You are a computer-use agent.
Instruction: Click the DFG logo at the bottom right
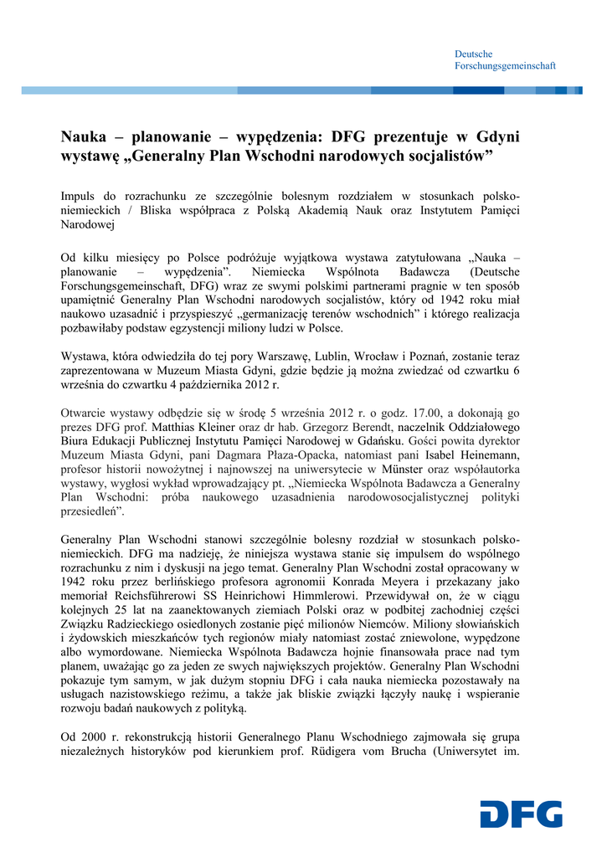click(x=521, y=815)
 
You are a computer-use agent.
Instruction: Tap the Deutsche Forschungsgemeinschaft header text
click(x=505, y=59)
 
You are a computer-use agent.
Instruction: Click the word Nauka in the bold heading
click(x=85, y=136)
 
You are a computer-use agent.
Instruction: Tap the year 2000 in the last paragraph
click(x=96, y=737)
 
